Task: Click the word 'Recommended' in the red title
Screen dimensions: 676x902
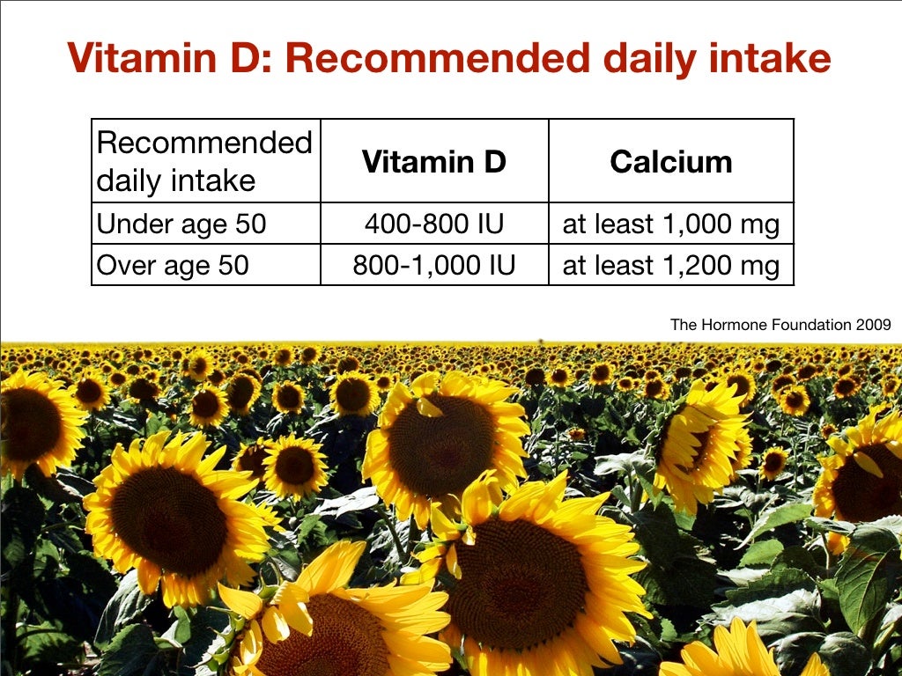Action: click(x=436, y=59)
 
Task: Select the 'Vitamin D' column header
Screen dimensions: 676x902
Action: click(x=434, y=162)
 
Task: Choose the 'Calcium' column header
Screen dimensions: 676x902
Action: click(x=671, y=162)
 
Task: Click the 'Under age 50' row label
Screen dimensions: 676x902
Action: click(x=181, y=224)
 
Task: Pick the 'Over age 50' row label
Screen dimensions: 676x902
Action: click(x=173, y=265)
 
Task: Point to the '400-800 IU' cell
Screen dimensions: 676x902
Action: click(x=434, y=224)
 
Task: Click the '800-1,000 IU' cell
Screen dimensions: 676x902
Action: click(x=434, y=265)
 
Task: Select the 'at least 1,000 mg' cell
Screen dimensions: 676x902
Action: click(x=671, y=224)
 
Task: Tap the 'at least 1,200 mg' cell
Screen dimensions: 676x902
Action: click(x=671, y=265)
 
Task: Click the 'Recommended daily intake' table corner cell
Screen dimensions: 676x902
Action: click(x=204, y=161)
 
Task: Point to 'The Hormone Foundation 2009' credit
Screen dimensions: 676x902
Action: click(x=780, y=325)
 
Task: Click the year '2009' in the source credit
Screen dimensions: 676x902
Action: click(x=873, y=325)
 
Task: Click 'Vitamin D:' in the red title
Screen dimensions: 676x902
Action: click(x=169, y=59)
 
